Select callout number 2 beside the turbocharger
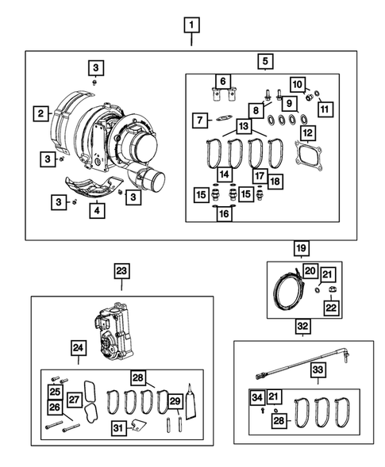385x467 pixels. click(38, 114)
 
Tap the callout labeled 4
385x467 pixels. click(94, 210)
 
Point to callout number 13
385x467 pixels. click(243, 127)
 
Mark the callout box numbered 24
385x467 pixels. click(78, 346)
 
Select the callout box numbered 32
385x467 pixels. click(302, 326)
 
